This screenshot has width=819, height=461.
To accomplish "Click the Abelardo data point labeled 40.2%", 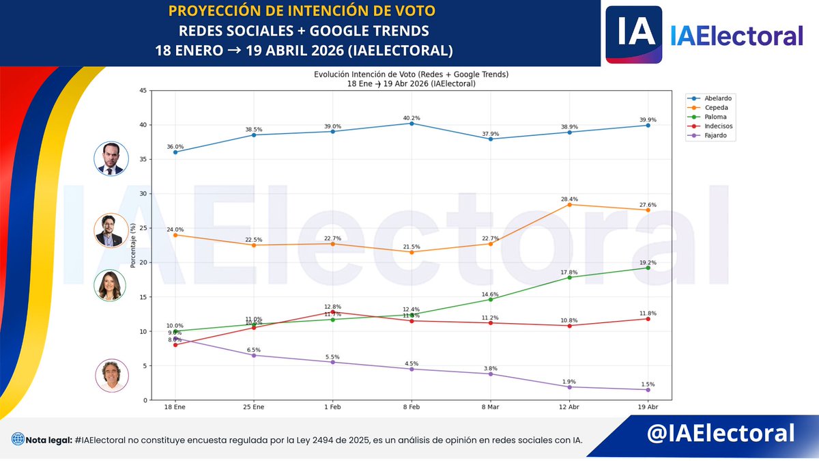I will pyautogui.click(x=412, y=123).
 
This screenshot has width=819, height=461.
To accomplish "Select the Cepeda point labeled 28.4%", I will pyautogui.click(x=569, y=204).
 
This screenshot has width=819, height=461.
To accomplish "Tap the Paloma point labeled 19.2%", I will pyautogui.click(x=648, y=268).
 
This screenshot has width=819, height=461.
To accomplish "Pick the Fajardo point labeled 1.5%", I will pyautogui.click(x=648, y=389).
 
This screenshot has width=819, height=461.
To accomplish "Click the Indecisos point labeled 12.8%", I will pyautogui.click(x=332, y=311).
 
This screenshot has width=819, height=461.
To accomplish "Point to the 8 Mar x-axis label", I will pyautogui.click(x=490, y=407).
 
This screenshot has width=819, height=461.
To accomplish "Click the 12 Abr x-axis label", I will pyautogui.click(x=569, y=407).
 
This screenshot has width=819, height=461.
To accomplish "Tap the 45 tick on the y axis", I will pyautogui.click(x=142, y=90).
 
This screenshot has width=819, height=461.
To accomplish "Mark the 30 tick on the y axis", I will pyautogui.click(x=142, y=193).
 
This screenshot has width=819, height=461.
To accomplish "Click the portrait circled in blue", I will pyautogui.click(x=111, y=158).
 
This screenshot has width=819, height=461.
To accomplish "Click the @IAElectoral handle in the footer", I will pyautogui.click(x=722, y=433).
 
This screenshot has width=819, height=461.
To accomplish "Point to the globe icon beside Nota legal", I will pyautogui.click(x=17, y=439).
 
